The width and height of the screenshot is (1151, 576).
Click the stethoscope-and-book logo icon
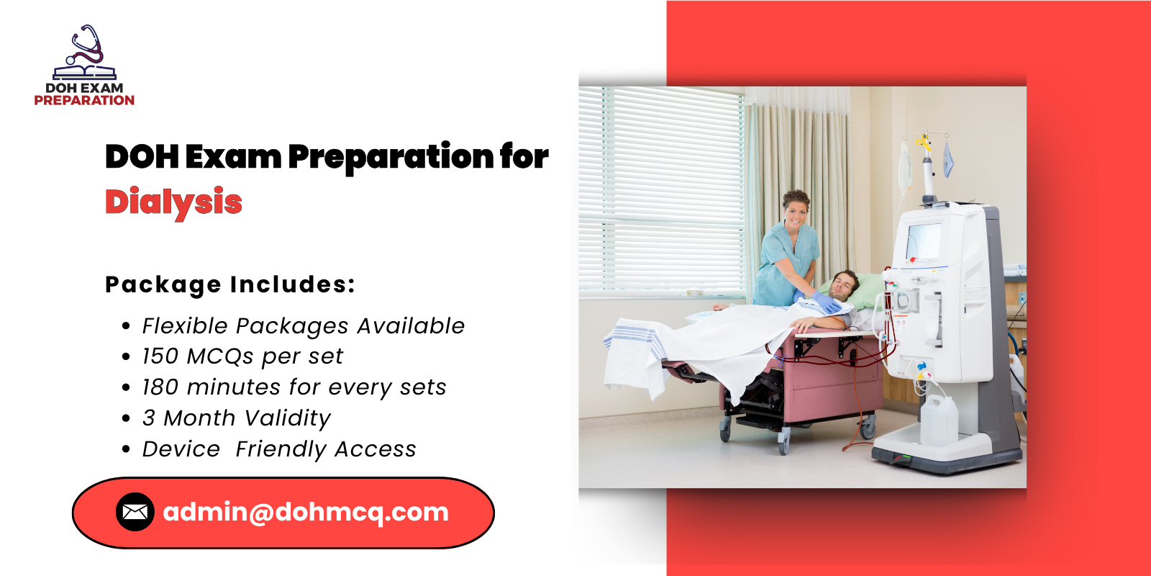pyautogui.click(x=85, y=54)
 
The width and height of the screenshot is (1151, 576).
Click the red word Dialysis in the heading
pyautogui.click(x=173, y=202)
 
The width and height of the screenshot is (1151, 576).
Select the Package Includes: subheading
pyautogui.click(x=230, y=284)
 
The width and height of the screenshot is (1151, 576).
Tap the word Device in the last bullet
pyautogui.click(x=181, y=449)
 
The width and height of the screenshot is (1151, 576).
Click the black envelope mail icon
pyautogui.click(x=135, y=512)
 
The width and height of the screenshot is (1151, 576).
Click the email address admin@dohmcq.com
pyautogui.click(x=306, y=512)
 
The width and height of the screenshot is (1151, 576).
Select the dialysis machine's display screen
pyautogui.click(x=924, y=241)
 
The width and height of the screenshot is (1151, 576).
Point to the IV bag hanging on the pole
pyautogui.click(x=905, y=166)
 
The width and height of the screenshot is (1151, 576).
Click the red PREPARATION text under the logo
pyautogui.click(x=84, y=101)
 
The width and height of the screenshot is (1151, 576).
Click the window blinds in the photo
pyautogui.click(x=662, y=187)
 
